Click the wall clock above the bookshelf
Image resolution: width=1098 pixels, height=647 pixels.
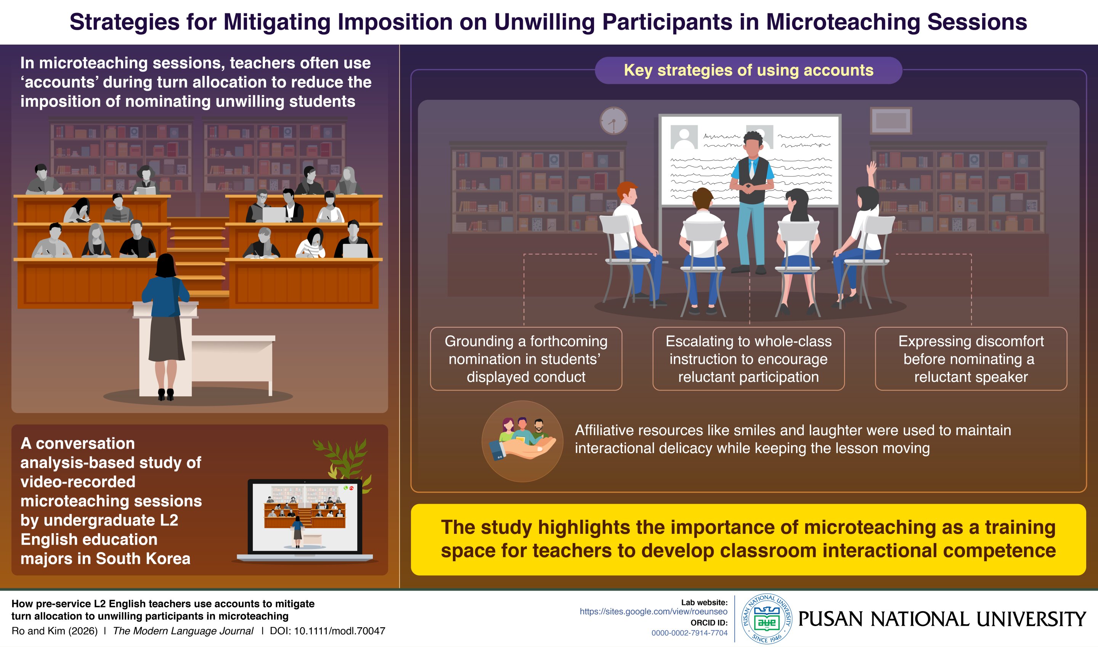pos(613,120)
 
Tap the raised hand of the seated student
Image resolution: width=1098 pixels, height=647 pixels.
pos(872,168)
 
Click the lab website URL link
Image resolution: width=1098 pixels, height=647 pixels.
pos(653,612)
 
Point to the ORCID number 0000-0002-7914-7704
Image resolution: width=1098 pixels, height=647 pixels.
pos(689,633)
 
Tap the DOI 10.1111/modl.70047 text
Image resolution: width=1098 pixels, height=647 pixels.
pos(327,631)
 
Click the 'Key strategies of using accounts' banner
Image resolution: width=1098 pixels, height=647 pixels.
pos(748,70)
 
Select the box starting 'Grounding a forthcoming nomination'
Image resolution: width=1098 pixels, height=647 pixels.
pos(526,359)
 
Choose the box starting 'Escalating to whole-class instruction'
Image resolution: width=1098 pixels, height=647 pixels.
pos(748,359)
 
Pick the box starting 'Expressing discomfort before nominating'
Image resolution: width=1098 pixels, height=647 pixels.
pos(971,359)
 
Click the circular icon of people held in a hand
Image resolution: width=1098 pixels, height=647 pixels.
pos(522,441)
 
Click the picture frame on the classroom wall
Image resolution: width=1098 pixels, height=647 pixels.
pos(891,120)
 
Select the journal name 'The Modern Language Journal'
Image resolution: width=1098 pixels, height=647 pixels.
pos(183,631)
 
